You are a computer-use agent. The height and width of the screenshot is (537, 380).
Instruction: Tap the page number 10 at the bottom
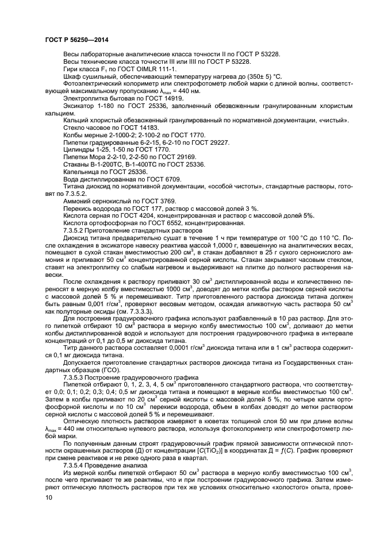[x=49, y=498]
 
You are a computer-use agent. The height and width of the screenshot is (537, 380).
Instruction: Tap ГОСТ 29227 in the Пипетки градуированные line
[x=187, y=142]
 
